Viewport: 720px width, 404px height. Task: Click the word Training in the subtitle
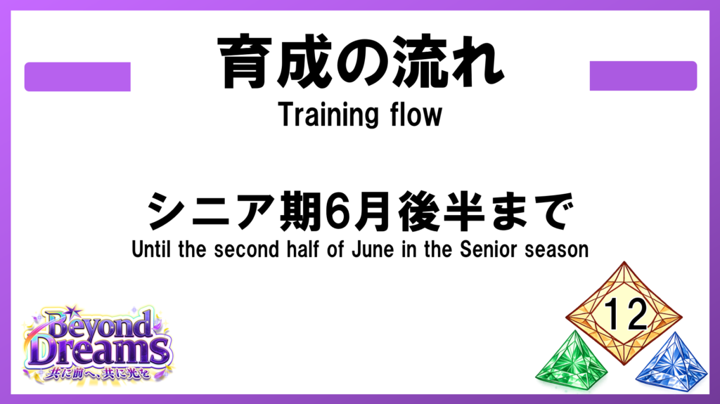[x=328, y=115]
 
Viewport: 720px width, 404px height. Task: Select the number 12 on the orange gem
[x=625, y=314]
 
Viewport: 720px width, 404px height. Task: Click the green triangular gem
[x=570, y=362]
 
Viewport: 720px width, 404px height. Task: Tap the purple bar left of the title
[x=77, y=77]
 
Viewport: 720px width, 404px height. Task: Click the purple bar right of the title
[x=643, y=76]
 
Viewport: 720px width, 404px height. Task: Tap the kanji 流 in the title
[x=418, y=61]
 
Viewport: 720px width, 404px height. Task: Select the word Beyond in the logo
[x=98, y=325]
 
